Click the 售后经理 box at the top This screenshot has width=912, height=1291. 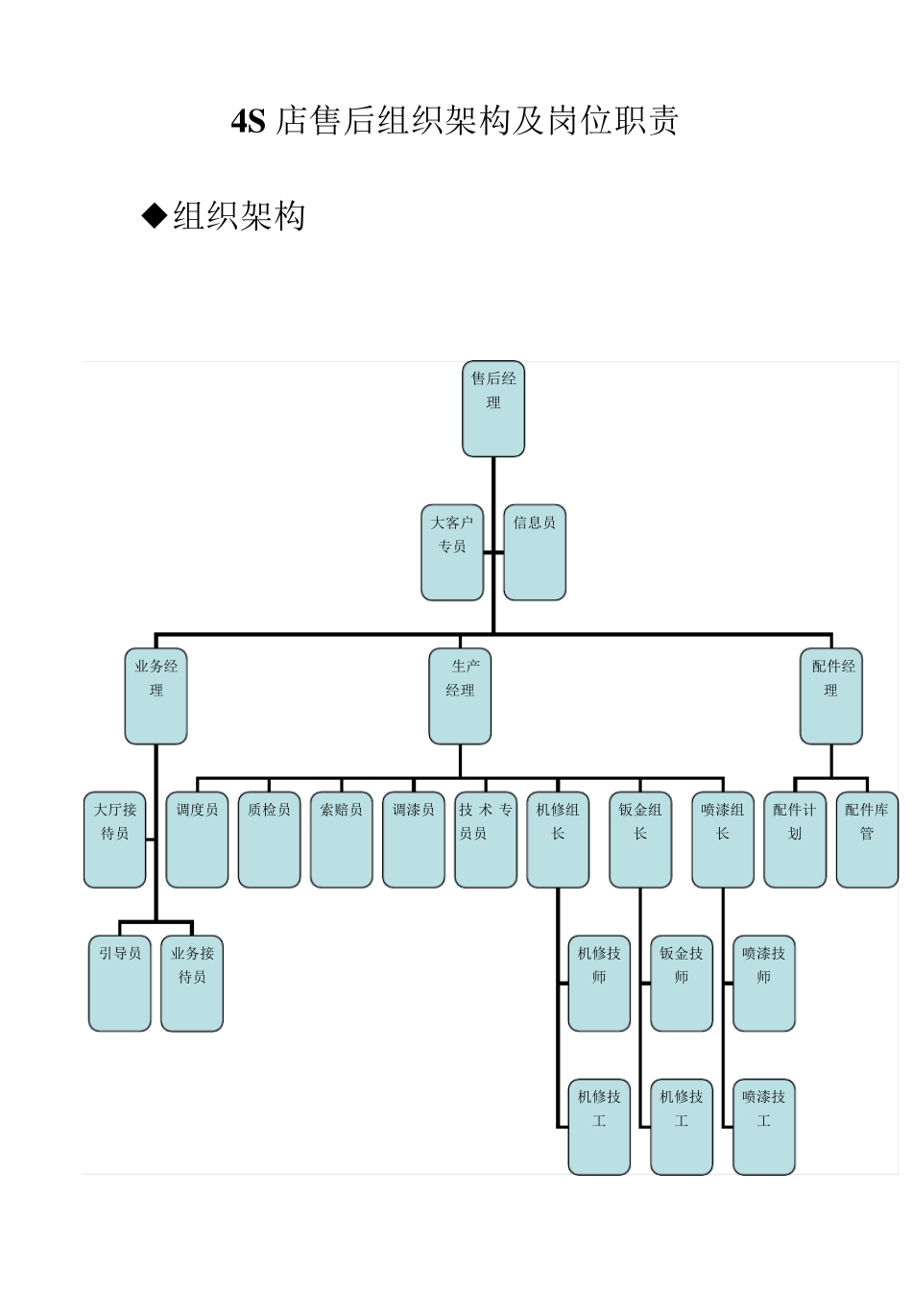pos(492,408)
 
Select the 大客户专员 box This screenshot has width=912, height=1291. pos(452,552)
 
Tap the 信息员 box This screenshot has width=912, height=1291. pos(535,552)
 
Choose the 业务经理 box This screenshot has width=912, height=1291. pos(156,696)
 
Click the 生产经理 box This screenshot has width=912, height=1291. pos(460,696)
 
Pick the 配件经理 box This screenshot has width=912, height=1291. pos(830,696)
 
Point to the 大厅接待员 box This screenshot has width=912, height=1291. pos(115,840)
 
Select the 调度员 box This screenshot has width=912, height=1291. pos(197,840)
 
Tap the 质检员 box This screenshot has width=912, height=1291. pos(269,840)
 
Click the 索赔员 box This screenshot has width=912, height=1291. pos(342,840)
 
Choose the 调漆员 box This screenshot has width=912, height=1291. pos(414,840)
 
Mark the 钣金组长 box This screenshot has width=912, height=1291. pos(640,840)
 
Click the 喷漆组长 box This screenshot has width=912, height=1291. pos(723,840)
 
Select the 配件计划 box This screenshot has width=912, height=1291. pos(795,840)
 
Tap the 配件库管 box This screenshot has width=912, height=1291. pos(867,840)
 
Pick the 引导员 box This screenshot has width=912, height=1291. pos(120,984)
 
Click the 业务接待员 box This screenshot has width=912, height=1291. pos(192,984)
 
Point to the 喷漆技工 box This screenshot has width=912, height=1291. pos(764,1127)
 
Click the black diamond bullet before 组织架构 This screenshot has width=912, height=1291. pos(155,215)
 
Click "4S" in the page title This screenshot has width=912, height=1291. pos(249,122)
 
